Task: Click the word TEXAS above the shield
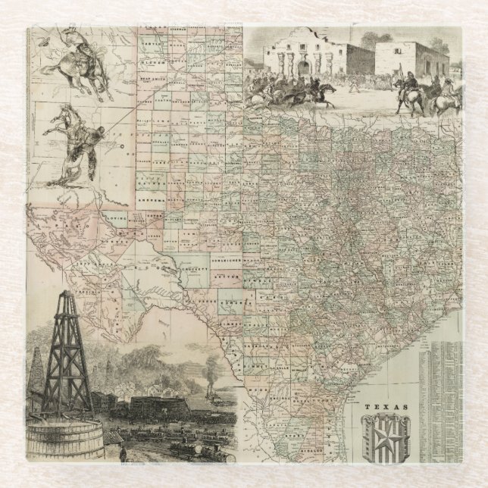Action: [386, 407]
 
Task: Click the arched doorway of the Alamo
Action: [304, 67]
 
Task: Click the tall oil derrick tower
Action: [67, 356]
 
